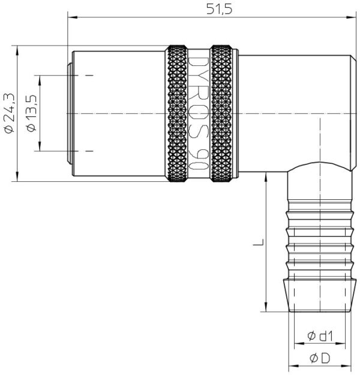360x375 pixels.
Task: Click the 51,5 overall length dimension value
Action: click(219, 10)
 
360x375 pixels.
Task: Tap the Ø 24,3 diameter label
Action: click(9, 113)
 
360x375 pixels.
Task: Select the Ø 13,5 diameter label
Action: click(31, 113)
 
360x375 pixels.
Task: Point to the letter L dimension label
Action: click(259, 242)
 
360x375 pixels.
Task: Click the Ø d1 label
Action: click(320, 336)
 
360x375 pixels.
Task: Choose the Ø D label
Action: click(320, 358)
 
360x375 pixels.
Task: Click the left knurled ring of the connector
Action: click(177, 113)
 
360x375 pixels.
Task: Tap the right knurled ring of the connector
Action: click(221, 113)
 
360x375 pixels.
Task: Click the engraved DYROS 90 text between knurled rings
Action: click(199, 113)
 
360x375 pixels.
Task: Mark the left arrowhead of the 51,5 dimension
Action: click(72, 17)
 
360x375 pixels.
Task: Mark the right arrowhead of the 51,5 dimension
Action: click(352, 17)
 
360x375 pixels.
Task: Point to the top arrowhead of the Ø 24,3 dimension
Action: click(17, 50)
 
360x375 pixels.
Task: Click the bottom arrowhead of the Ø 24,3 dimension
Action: click(17, 176)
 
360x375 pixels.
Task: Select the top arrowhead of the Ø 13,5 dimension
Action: click(40, 80)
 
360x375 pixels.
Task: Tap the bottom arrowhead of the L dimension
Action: click(266, 307)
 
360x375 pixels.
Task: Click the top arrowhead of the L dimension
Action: click(266, 177)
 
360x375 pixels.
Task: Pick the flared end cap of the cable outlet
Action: click(320, 295)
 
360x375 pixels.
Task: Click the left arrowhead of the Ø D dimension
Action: click(294, 366)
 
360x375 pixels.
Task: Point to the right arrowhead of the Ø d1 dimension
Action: click(340, 344)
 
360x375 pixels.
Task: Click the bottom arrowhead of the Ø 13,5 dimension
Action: click(40, 146)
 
